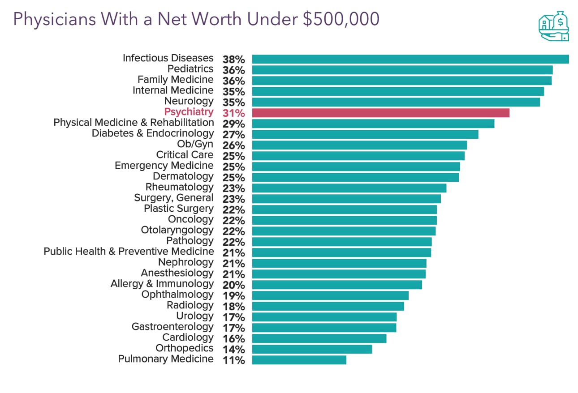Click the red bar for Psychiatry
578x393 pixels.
pos(380,113)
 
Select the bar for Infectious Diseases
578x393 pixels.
pos(410,59)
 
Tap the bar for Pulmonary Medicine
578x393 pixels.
pos(299,360)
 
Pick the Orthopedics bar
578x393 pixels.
pos(312,349)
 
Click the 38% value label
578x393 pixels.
pos(233,60)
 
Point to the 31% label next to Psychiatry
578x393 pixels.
pos(233,113)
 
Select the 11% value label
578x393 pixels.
pos(233,360)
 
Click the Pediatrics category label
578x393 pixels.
pos(190,69)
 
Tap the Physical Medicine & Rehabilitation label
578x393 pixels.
pos(134,123)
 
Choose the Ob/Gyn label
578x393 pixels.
pos(195,144)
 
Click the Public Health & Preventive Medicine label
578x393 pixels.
pos(129,252)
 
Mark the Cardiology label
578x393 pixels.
pos(188,337)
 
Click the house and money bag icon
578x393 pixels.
pos(553,26)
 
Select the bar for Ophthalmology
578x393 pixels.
pos(330,295)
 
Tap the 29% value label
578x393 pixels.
pos(233,124)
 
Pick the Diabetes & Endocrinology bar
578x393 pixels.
pos(365,134)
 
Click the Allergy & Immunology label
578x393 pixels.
pos(162,284)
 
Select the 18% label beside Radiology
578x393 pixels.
pos(233,307)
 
